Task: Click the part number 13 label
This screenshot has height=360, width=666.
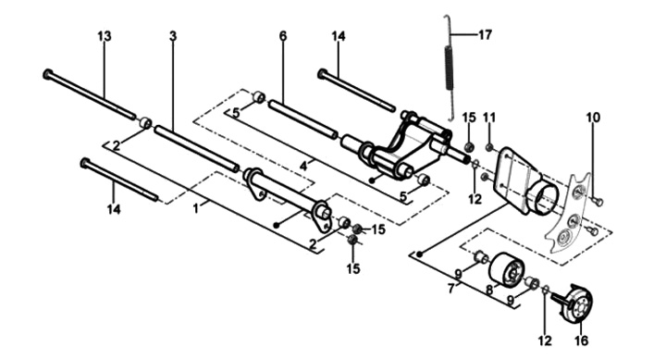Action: pyautogui.click(x=104, y=36)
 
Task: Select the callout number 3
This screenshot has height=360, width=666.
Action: pyautogui.click(x=172, y=36)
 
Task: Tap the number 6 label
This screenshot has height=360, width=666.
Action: pyautogui.click(x=283, y=36)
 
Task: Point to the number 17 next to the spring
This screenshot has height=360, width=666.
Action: pyautogui.click(x=485, y=34)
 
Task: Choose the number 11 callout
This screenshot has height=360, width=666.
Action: pyautogui.click(x=489, y=117)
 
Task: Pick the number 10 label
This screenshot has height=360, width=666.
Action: pyautogui.click(x=593, y=117)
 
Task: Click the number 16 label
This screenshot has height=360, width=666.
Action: pyautogui.click(x=581, y=340)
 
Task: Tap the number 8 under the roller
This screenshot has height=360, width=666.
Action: pyautogui.click(x=489, y=291)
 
